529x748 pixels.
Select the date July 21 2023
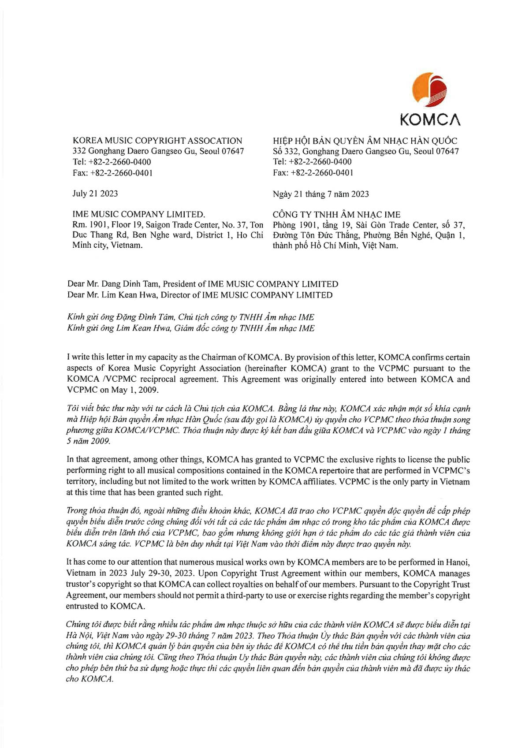pyautogui.click(x=95, y=194)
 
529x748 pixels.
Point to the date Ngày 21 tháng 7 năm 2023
pyautogui.click(x=321, y=194)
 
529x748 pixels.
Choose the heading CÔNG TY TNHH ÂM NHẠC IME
pyautogui.click(x=336, y=215)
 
